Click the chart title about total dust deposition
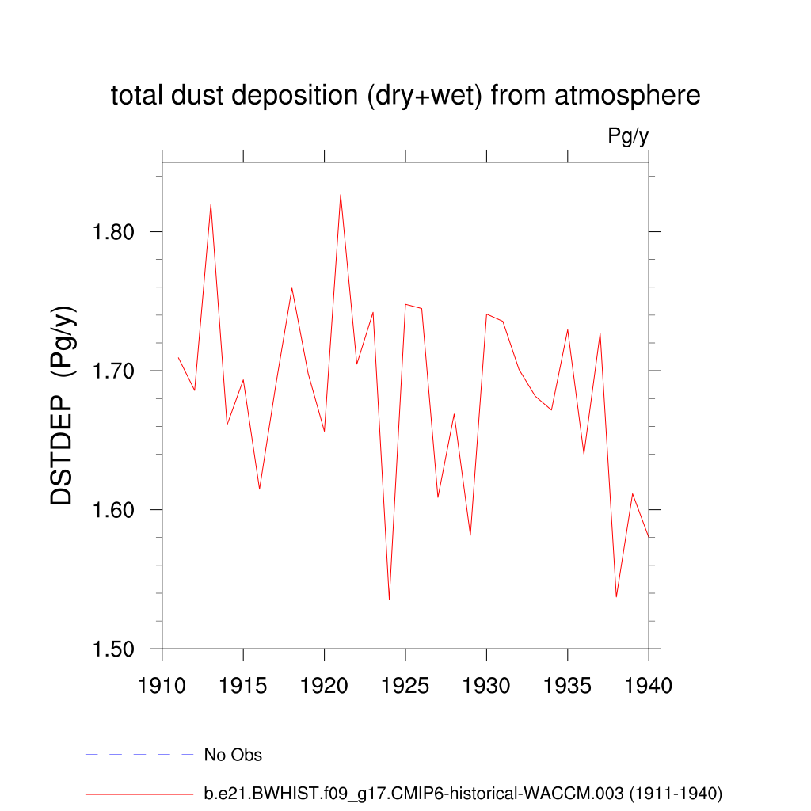(x=405, y=96)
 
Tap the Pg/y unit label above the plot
(x=628, y=136)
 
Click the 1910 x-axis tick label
(x=162, y=685)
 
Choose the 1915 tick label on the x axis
(x=243, y=685)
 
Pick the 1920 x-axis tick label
(x=325, y=685)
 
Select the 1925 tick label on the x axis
(x=405, y=685)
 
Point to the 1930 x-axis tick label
(x=486, y=685)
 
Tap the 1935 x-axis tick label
(x=568, y=685)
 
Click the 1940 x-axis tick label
(x=649, y=685)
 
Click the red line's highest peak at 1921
(x=341, y=195)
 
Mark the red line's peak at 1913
(x=211, y=204)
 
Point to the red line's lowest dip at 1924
(x=389, y=599)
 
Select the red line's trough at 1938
(x=616, y=596)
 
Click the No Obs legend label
(x=233, y=755)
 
